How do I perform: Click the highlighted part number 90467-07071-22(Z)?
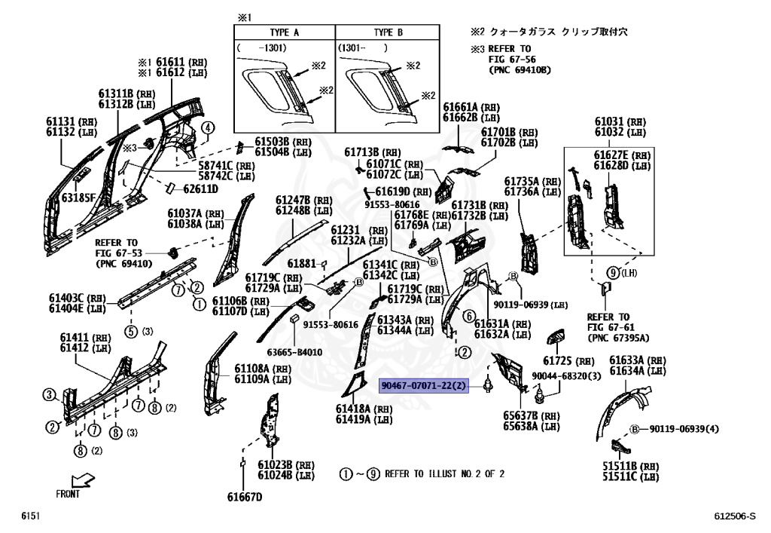425,385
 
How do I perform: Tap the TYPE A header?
284,34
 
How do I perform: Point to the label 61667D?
245,497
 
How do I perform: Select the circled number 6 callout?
468,316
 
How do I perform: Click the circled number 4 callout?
204,128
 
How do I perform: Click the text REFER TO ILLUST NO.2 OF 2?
444,474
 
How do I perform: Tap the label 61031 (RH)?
620,121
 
